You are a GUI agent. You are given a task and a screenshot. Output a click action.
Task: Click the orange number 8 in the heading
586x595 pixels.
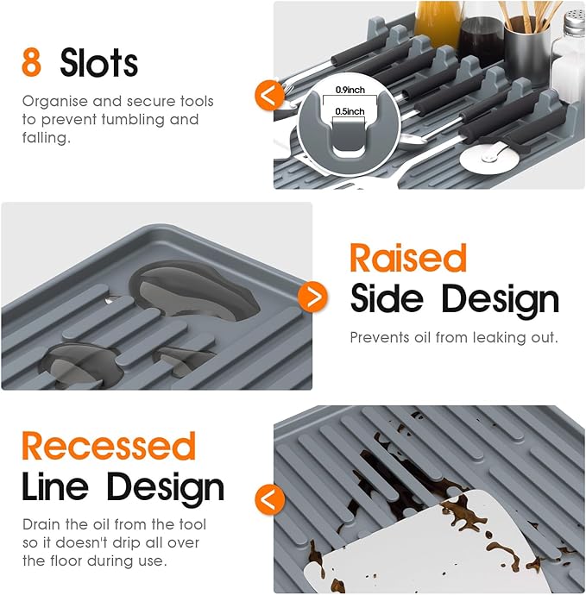click(x=32, y=62)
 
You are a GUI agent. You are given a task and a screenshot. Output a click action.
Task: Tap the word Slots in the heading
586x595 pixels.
click(x=98, y=62)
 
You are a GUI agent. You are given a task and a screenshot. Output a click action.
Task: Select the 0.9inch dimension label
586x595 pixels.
click(x=350, y=90)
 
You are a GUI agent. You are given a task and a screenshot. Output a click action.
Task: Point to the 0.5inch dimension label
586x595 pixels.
click(x=350, y=111)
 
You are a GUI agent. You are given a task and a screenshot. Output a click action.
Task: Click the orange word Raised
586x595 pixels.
click(x=408, y=258)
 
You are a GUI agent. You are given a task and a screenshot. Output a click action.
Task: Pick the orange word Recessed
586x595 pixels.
click(x=109, y=446)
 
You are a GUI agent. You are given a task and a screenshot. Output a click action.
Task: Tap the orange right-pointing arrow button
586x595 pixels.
click(x=312, y=297)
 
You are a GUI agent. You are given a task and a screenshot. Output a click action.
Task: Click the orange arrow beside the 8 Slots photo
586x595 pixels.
click(x=269, y=95)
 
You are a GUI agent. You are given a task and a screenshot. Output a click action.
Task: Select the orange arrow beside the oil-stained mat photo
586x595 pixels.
click(x=269, y=499)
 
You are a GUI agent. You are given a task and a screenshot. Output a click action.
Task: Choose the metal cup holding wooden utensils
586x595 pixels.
click(x=527, y=48)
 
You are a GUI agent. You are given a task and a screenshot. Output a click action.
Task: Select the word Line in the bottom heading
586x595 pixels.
click(x=55, y=486)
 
